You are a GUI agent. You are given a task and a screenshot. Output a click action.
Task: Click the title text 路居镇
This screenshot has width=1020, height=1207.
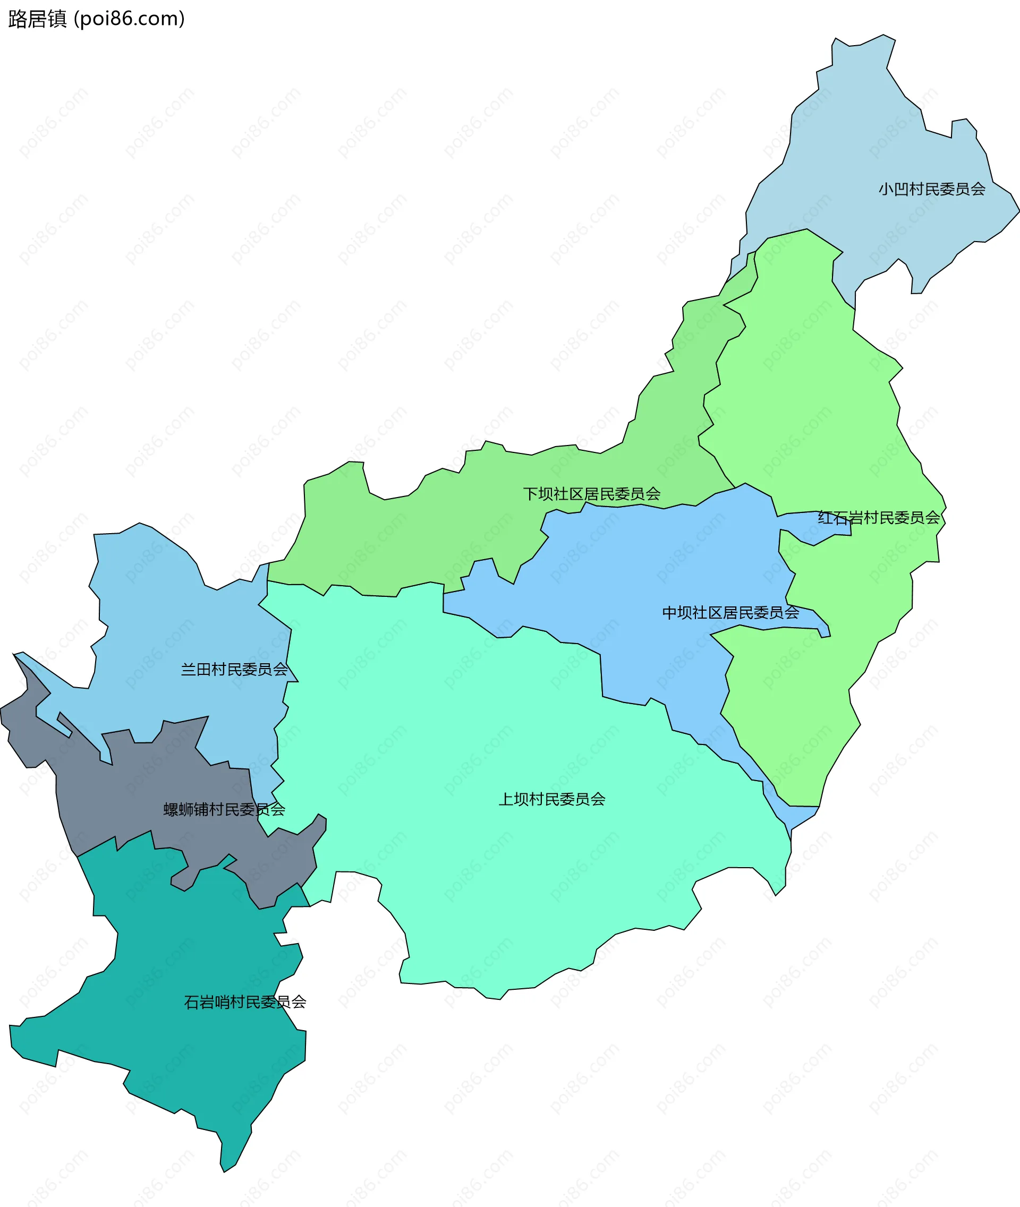tap(38, 19)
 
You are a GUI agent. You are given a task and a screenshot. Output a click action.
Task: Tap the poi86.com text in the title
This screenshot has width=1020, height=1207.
tap(130, 19)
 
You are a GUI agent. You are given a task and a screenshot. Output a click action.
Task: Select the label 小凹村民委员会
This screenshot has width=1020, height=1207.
tap(931, 189)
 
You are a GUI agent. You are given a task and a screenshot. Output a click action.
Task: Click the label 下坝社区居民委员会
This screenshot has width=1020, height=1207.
tap(591, 494)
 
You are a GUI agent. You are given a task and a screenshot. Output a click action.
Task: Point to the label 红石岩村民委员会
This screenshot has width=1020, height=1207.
tap(878, 517)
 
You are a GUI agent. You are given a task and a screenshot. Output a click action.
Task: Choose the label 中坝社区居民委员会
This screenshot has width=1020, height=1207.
tap(730, 612)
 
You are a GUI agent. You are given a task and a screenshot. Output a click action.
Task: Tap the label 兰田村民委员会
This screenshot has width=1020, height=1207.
tap(234, 670)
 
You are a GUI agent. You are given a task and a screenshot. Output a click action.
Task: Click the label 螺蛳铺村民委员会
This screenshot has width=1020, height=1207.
tap(224, 809)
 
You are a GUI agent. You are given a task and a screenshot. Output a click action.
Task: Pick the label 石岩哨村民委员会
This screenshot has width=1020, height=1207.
tap(244, 1002)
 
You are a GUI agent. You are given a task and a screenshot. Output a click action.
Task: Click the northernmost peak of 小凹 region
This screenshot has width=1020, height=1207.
tap(885, 35)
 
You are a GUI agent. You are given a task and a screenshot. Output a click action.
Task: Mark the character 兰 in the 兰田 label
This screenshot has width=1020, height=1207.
tap(189, 670)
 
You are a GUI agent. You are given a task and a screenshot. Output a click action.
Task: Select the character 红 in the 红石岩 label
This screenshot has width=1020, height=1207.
tap(824, 517)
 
